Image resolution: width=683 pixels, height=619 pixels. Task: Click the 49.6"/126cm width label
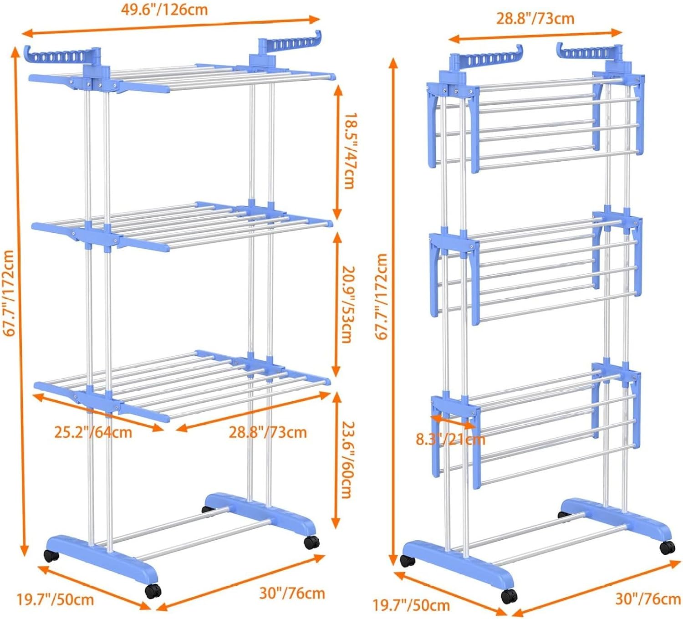tap(164, 10)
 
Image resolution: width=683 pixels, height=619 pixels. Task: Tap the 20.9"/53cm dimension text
tap(348, 304)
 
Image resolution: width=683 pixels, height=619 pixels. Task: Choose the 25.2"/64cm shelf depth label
tap(93, 432)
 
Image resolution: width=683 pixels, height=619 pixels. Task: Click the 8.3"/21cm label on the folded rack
tap(450, 439)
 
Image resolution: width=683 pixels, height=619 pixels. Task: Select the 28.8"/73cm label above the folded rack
tap(535, 19)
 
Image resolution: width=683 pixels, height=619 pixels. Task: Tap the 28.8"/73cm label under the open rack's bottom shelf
tap(268, 432)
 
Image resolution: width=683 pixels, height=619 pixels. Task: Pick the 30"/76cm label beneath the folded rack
tap(648, 599)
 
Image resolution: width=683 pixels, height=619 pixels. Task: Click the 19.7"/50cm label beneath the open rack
tap(56, 599)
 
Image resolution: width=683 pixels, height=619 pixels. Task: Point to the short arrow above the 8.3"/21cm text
tap(453, 421)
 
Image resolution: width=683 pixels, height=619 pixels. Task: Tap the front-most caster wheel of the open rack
tap(153, 591)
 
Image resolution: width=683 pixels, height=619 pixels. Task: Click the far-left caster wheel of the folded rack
tap(407, 560)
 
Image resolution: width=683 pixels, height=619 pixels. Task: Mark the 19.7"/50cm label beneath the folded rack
tap(411, 605)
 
